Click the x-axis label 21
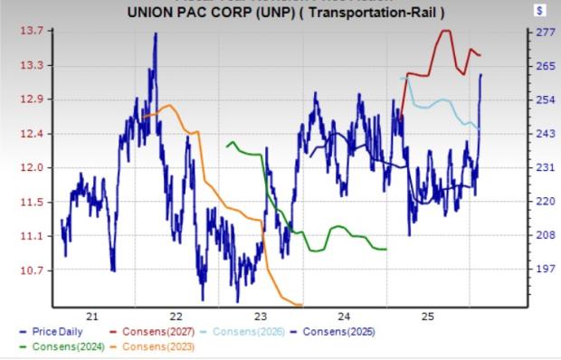pos(91,316)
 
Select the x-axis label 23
pos(260,316)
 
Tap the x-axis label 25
pos(428,316)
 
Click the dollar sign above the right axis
pos(540,13)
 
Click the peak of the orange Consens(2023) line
pos(169,107)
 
